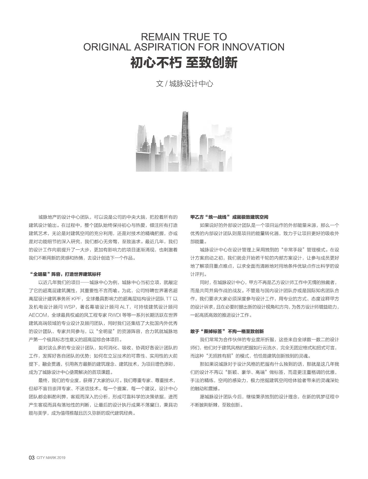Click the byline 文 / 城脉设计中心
[x=184, y=84]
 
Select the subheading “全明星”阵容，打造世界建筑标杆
[x=65, y=274]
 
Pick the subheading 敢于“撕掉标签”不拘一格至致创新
[x=227, y=331]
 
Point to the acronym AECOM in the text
[x=38, y=315]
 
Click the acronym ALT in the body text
[x=124, y=307]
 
